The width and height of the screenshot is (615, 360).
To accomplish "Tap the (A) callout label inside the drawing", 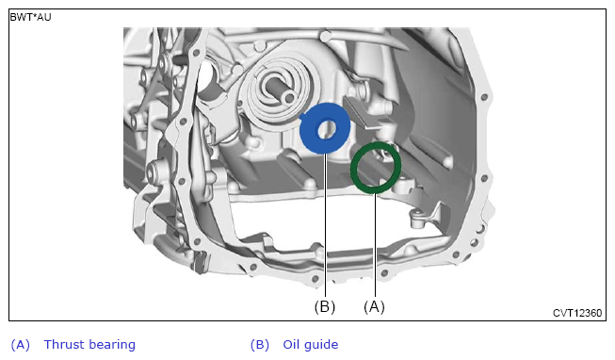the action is tap(374, 306).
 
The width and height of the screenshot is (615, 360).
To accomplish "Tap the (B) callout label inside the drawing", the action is tap(325, 306).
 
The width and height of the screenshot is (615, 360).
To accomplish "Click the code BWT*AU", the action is tap(30, 17).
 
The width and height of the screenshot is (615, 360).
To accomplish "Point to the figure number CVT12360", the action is tap(577, 313).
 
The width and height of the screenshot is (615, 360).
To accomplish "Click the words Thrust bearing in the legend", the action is tap(89, 344).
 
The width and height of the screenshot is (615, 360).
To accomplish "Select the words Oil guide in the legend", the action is tap(311, 344).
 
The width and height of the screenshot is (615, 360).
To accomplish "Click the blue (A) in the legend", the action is tap(21, 345).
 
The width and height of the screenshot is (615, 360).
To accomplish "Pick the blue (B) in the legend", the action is tap(260, 345).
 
